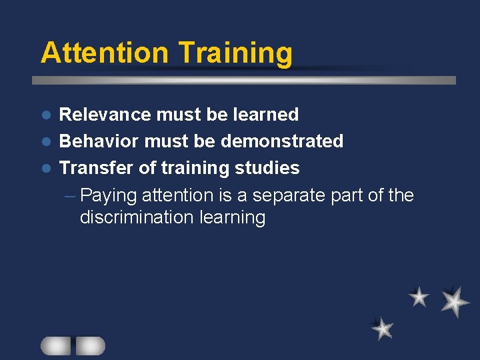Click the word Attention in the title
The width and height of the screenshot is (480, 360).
[x=103, y=53]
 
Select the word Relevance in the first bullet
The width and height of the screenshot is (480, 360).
[x=105, y=115]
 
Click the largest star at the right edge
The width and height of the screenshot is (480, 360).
[x=455, y=301]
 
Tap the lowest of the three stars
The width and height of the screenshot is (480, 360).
[x=383, y=328]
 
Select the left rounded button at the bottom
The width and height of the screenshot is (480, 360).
[x=55, y=345]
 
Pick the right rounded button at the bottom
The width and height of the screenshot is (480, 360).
[x=91, y=345]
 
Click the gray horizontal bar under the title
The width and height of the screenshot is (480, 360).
[x=244, y=80]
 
